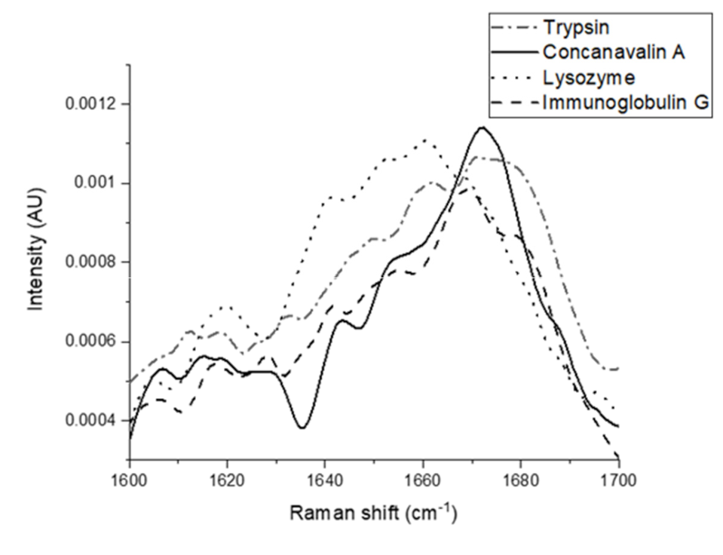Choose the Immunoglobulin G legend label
(625, 103)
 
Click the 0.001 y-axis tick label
(95, 183)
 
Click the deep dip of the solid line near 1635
(302, 428)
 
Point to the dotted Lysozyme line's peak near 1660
(425, 140)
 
